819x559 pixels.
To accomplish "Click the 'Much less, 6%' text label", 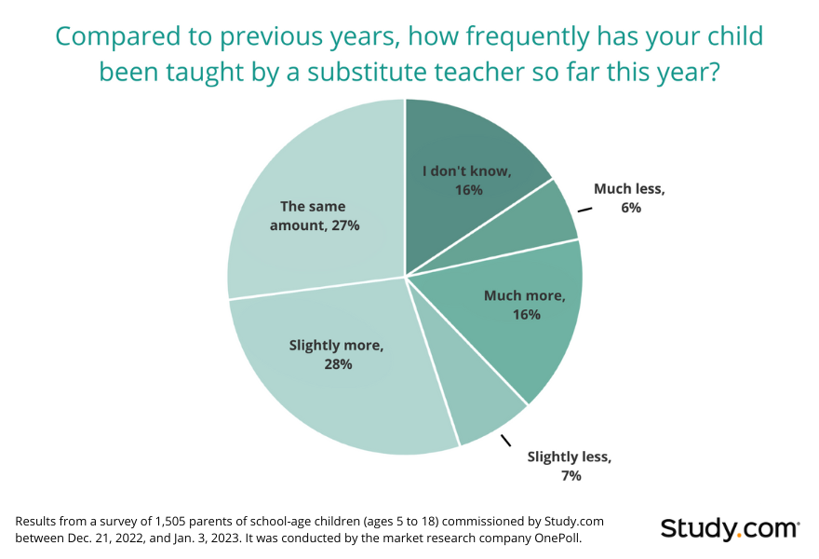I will (630, 198).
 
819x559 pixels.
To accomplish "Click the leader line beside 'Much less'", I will (584, 211).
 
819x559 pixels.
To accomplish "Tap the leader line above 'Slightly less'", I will (506, 439).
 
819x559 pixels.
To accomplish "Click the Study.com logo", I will (730, 528).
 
